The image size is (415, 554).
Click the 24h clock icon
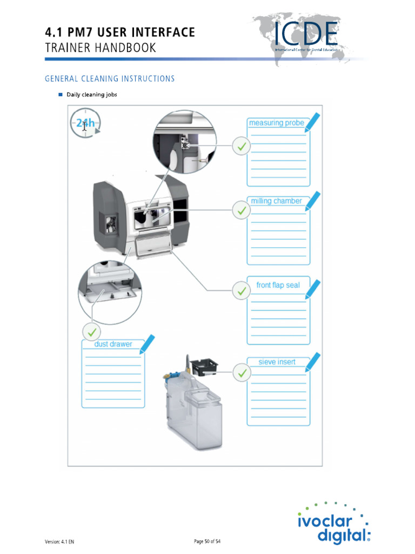point(85,124)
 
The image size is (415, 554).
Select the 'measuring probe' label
point(276,123)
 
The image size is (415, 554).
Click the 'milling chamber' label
point(276,201)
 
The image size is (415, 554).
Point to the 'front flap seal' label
point(278,285)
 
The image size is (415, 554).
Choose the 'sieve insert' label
point(277,362)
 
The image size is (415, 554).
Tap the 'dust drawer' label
point(113,344)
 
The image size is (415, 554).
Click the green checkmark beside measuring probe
point(241,146)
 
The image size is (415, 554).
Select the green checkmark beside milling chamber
point(241,210)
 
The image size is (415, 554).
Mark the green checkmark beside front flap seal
point(241,291)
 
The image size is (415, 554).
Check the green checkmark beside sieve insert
point(241,372)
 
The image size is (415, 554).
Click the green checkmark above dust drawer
point(91,331)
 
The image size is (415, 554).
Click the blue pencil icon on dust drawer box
point(146,343)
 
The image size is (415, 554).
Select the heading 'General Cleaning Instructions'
point(110,78)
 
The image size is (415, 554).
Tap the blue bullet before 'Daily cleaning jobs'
point(61,95)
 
